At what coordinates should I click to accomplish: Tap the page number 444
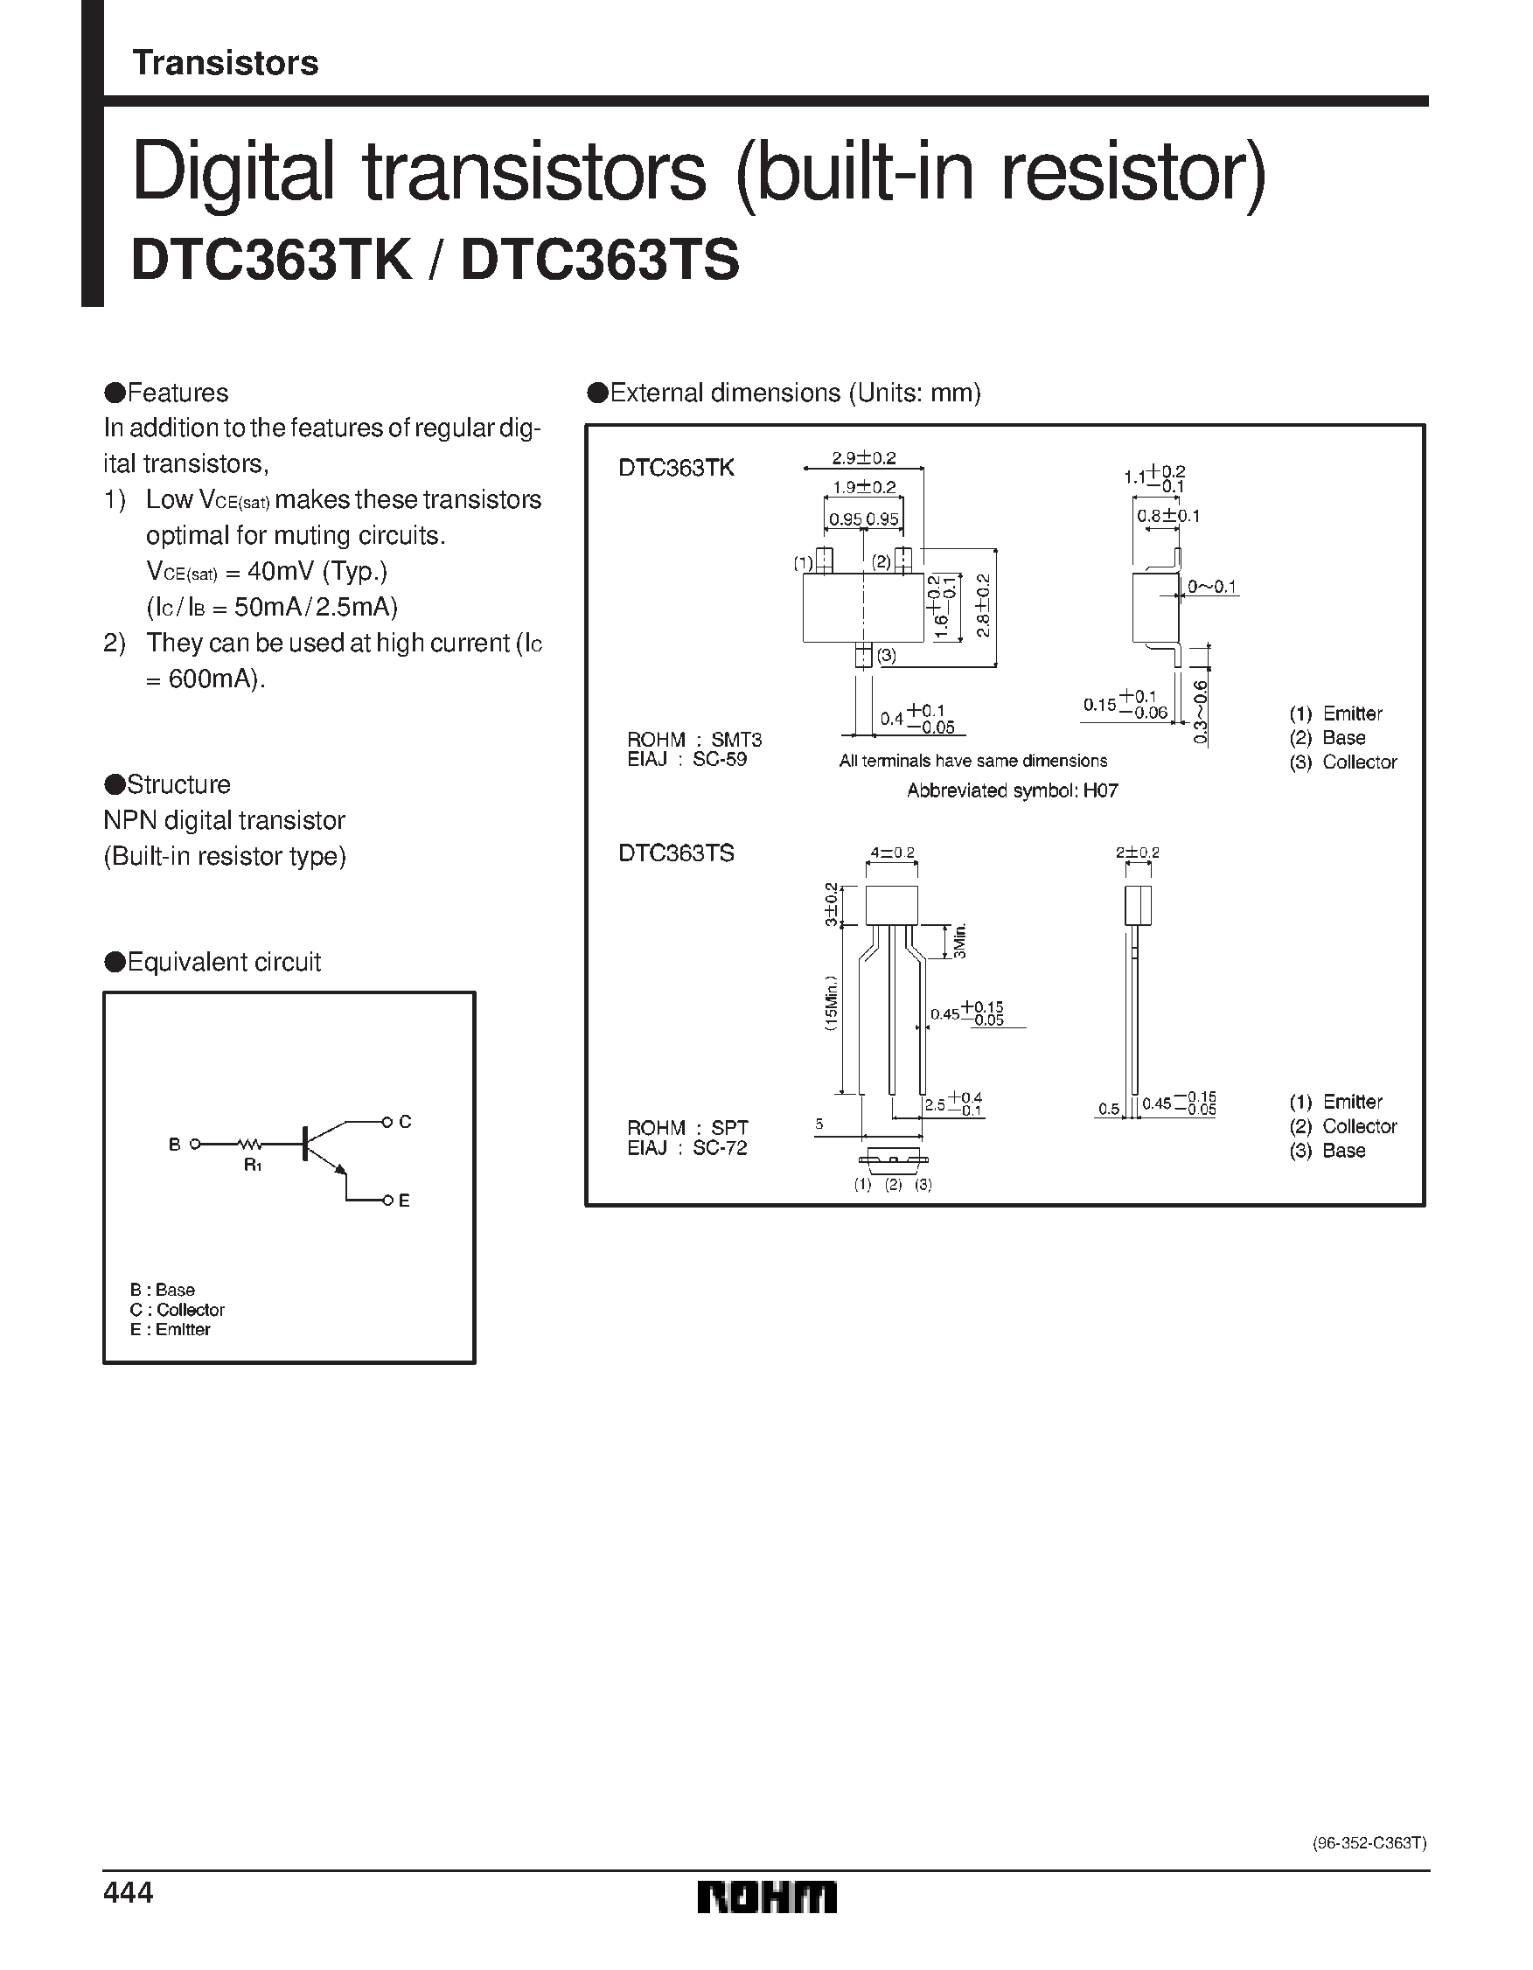(129, 1892)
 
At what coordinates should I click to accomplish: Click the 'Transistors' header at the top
(226, 63)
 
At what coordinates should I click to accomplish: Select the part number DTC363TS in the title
(600, 261)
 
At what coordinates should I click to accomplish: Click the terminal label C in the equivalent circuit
(405, 1121)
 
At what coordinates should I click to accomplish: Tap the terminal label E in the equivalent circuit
(404, 1201)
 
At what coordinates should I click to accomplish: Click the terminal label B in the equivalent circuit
(174, 1145)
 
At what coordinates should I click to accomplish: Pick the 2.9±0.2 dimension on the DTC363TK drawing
(863, 458)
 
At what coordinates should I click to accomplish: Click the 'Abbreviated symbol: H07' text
(1013, 791)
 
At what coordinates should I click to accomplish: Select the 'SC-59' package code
(719, 760)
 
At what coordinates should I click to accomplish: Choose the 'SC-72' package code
(719, 1148)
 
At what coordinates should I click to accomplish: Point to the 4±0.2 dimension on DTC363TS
(891, 853)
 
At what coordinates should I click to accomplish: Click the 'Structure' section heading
(178, 784)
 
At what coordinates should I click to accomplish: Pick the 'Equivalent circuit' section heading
(223, 963)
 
